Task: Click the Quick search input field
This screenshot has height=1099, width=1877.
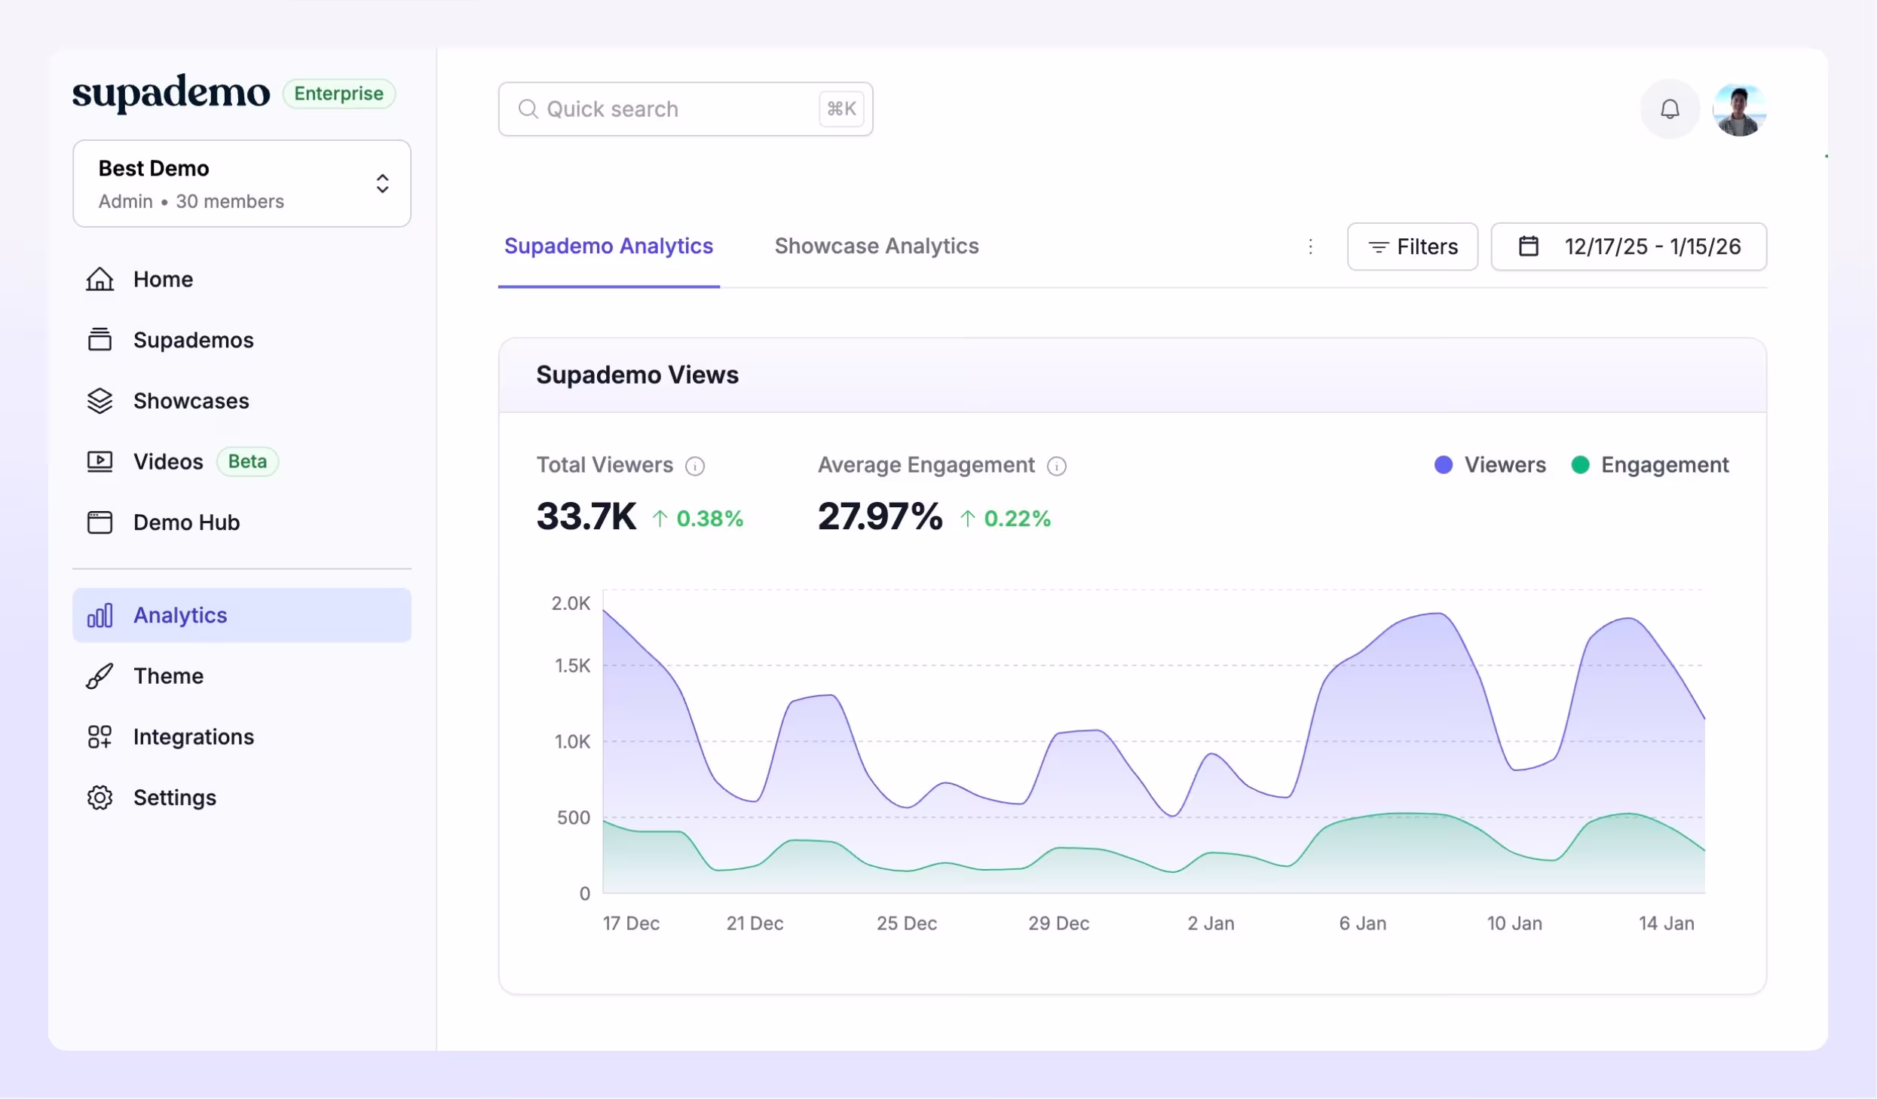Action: (x=685, y=109)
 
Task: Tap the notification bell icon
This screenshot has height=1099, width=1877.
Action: (x=1670, y=109)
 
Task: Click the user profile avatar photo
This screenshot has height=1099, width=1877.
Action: (x=1739, y=110)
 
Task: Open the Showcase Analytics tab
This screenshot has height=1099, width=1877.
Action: (x=877, y=246)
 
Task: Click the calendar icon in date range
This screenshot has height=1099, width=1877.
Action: (x=1528, y=246)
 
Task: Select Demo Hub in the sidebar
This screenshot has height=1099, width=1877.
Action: (x=186, y=522)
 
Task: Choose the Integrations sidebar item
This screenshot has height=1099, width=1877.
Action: (x=194, y=736)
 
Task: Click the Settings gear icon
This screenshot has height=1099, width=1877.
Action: (x=100, y=797)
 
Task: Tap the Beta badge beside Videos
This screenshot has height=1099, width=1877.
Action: (x=247, y=461)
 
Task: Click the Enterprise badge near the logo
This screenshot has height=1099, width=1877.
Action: (x=338, y=93)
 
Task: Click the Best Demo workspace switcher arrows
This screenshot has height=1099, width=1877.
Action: (x=382, y=183)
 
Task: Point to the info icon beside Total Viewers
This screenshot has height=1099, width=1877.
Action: (x=695, y=467)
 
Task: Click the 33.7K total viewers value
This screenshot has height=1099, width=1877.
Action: (x=586, y=517)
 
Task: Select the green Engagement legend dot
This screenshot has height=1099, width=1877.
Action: (x=1580, y=465)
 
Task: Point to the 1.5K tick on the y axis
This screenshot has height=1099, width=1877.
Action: (x=573, y=666)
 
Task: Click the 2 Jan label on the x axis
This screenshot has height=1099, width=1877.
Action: (x=1211, y=923)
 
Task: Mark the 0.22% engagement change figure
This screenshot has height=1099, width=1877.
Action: (x=1017, y=519)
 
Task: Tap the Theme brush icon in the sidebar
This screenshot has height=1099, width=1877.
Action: (x=100, y=676)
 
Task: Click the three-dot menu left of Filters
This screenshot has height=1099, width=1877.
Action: (x=1310, y=246)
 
